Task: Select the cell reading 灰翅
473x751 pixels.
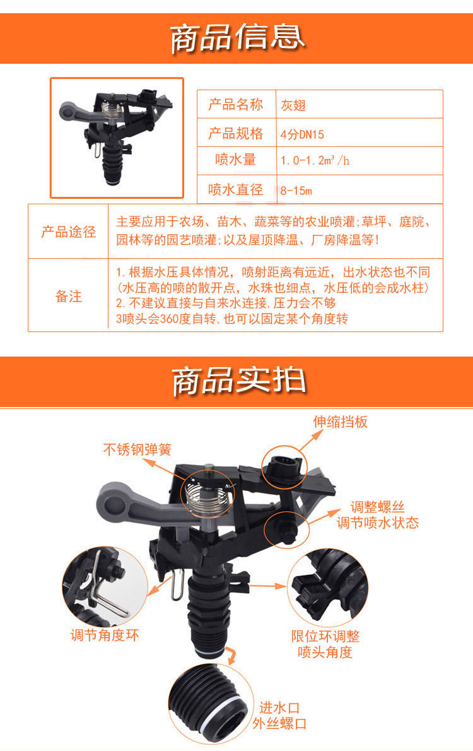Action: pyautogui.click(x=293, y=105)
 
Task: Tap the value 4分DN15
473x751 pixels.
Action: pyautogui.click(x=302, y=134)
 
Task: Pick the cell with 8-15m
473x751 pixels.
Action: pyautogui.click(x=296, y=191)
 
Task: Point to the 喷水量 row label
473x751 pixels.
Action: pyautogui.click(x=235, y=160)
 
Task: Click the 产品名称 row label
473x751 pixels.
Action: pyautogui.click(x=235, y=104)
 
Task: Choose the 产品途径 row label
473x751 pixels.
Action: pyautogui.click(x=69, y=232)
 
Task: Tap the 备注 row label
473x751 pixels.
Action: pyautogui.click(x=69, y=296)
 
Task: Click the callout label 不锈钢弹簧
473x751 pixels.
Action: pyautogui.click(x=137, y=449)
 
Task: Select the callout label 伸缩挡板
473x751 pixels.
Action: pyautogui.click(x=341, y=422)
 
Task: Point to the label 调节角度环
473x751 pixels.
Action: pyautogui.click(x=105, y=635)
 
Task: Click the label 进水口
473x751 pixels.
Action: pyautogui.click(x=279, y=707)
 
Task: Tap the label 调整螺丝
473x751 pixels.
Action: pyautogui.click(x=377, y=507)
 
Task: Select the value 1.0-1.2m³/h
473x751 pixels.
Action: pyautogui.click(x=315, y=160)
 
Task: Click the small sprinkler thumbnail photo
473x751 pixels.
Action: pyautogui.click(x=117, y=138)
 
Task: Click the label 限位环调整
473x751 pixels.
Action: pyautogui.click(x=325, y=636)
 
